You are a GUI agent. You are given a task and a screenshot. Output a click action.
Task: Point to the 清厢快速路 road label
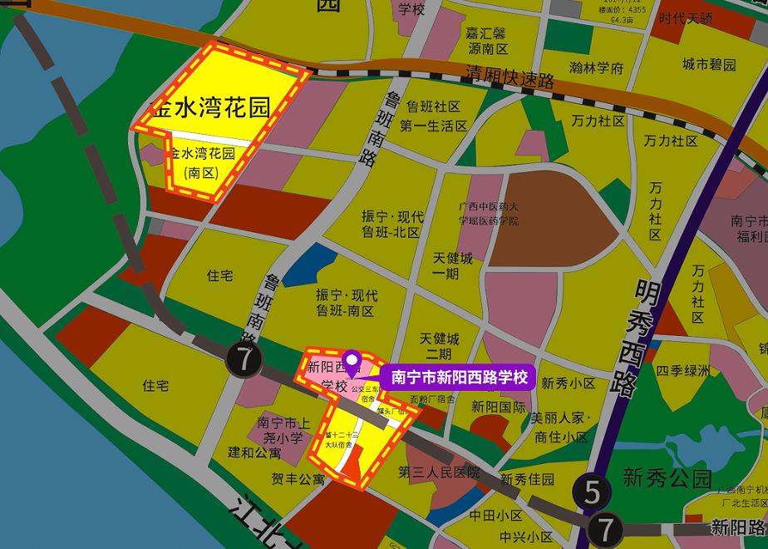pos(510,77)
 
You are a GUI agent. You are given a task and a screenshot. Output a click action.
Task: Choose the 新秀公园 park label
pos(667,478)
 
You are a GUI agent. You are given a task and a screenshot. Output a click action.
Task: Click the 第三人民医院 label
pos(439,472)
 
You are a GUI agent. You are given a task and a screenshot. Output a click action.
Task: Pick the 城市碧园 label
pos(709,64)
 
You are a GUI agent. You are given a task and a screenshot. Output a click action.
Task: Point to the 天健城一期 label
pos(452,266)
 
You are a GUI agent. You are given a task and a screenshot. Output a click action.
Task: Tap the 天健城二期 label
pos(440,346)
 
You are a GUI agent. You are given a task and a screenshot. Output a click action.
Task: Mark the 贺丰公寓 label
pos(298,479)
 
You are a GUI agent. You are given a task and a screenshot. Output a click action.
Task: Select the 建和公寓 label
pos(255,454)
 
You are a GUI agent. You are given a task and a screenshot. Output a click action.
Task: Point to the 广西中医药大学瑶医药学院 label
pos(489,214)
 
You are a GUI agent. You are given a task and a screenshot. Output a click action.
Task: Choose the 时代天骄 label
pos(685,18)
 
